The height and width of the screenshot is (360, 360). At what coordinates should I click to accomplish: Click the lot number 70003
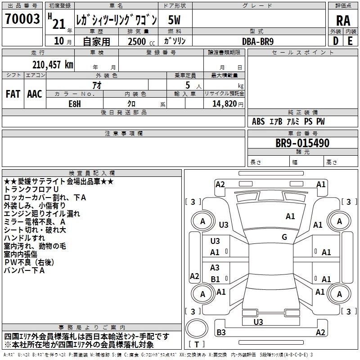click(x=22, y=19)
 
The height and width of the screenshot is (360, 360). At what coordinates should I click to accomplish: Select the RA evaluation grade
click(x=343, y=21)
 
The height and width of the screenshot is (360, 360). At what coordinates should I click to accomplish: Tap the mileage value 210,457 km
click(x=53, y=65)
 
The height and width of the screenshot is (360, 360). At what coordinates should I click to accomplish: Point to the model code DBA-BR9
click(x=258, y=41)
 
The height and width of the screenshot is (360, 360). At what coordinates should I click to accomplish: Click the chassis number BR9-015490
click(x=302, y=143)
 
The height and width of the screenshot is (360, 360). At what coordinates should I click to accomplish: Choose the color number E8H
click(x=75, y=104)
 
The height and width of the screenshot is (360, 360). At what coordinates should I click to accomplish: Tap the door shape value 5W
click(x=174, y=20)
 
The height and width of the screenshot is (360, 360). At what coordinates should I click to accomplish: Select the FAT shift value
click(x=13, y=94)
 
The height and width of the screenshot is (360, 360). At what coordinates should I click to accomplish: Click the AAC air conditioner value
click(x=35, y=94)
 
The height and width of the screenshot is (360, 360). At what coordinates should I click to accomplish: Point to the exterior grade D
click(x=336, y=41)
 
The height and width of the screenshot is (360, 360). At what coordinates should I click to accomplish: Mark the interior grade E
click(x=350, y=41)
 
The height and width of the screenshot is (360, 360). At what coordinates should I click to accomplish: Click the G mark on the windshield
click(x=284, y=237)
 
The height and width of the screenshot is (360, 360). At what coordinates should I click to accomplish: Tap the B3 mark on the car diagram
click(x=221, y=332)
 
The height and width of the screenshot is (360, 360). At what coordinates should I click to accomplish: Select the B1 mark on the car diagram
click(x=216, y=279)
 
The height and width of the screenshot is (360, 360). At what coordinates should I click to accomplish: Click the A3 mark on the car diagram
click(x=215, y=267)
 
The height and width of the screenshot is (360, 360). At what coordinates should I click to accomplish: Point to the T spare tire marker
click(x=197, y=344)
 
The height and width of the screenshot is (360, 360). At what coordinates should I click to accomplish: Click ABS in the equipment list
click(x=258, y=121)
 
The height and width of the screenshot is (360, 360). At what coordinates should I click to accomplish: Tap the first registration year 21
click(x=59, y=24)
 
